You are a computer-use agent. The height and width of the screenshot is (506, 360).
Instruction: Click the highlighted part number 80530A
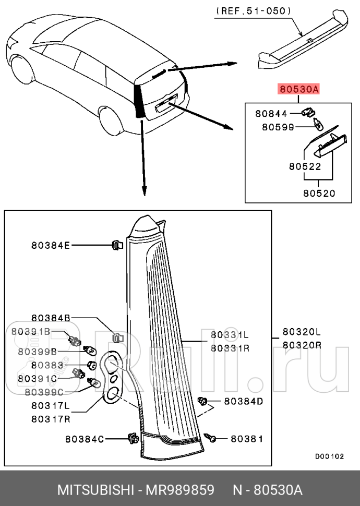[298, 90]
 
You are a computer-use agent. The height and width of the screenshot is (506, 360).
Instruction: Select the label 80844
[271, 113]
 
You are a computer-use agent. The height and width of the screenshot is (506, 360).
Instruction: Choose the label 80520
[319, 192]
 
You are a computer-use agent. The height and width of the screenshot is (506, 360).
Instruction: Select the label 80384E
[50, 244]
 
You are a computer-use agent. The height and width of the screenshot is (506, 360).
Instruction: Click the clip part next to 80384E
[117, 244]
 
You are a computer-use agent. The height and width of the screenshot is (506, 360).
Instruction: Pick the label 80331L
[230, 334]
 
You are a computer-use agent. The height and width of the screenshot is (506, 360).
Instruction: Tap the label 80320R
[302, 345]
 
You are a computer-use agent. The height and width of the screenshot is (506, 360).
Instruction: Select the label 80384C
[85, 439]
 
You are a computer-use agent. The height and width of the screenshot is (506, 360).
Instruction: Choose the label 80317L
[50, 405]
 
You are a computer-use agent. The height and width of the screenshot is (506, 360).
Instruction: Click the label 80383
[46, 365]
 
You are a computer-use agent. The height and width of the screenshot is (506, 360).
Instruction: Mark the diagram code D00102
[329, 456]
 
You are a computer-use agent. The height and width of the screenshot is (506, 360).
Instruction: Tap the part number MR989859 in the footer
[181, 490]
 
